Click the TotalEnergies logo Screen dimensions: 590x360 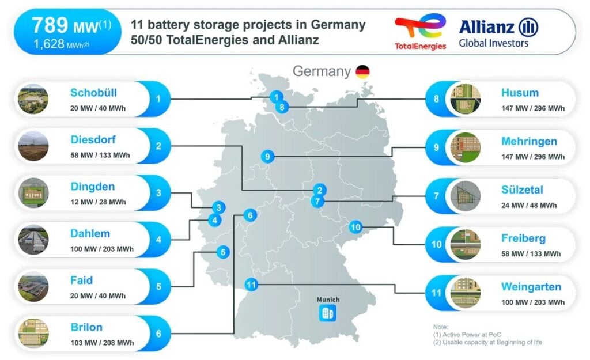coord(420,32)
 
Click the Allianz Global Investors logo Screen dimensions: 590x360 coord(498,33)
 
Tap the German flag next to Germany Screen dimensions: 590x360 coord(363,71)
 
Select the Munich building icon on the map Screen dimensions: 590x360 coord(328,313)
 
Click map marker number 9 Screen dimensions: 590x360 coord(267,157)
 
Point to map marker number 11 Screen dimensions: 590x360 coord(251,285)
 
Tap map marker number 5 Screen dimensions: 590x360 coord(223,252)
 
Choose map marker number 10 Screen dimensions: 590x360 coord(355,227)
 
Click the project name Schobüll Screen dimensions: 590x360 coord(93,93)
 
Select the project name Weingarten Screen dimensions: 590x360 coord(531,287)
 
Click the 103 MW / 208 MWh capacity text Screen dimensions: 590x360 coord(102,343)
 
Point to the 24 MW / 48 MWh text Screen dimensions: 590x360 coord(529,206)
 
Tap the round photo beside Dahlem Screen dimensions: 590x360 coord(33,240)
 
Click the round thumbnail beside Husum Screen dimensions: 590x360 coord(466,99)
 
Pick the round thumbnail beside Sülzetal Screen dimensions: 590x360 coord(466,196)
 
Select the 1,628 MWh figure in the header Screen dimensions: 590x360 coord(61,44)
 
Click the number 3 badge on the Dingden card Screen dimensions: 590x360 coord(158,192)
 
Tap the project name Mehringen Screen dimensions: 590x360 coord(529,142)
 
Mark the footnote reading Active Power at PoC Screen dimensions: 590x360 coord(467,335)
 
